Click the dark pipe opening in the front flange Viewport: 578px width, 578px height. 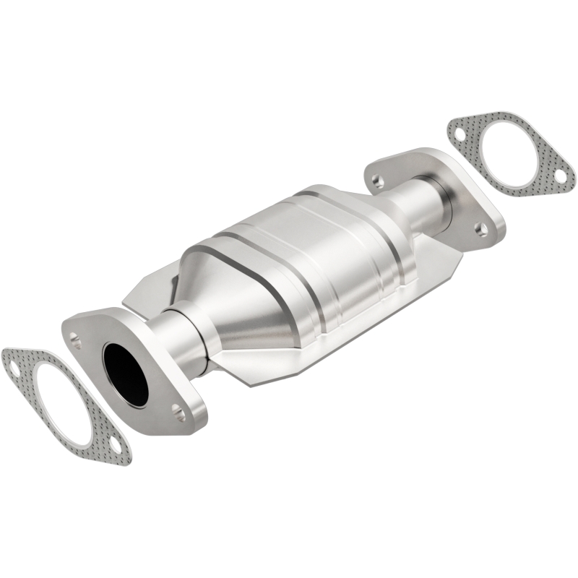tap(125, 372)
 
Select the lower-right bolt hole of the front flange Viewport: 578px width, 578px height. tap(178, 414)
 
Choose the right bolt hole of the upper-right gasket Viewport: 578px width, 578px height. tap(558, 175)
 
